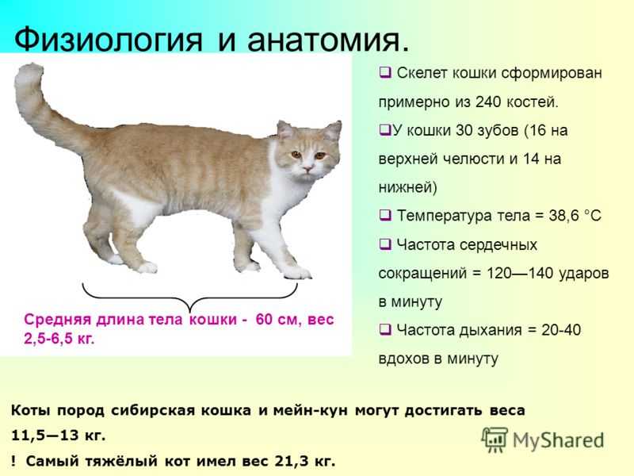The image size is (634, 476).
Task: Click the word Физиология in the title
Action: coord(108,39)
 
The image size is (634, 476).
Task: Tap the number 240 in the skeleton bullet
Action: coord(488,102)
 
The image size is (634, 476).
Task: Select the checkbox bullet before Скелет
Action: coord(385,73)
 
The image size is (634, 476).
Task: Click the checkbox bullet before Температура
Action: coord(385,215)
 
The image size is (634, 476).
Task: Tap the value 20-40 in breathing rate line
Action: coord(561,330)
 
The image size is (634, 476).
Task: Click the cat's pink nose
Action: coord(307,167)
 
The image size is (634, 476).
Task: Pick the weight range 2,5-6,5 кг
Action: coord(59,339)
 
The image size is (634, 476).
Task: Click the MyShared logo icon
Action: coord(495,440)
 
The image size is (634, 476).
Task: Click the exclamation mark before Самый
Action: coord(13,461)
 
